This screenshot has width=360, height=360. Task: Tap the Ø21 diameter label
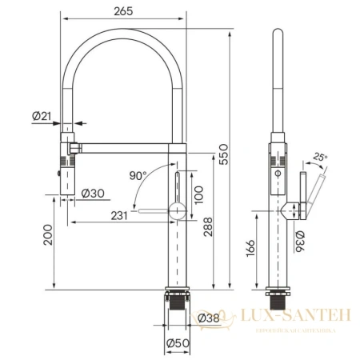click(x=42, y=117)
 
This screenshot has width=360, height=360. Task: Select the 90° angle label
click(x=138, y=174)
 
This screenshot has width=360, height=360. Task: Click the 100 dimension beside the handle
click(x=199, y=194)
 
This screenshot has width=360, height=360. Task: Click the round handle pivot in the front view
click(x=177, y=211)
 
